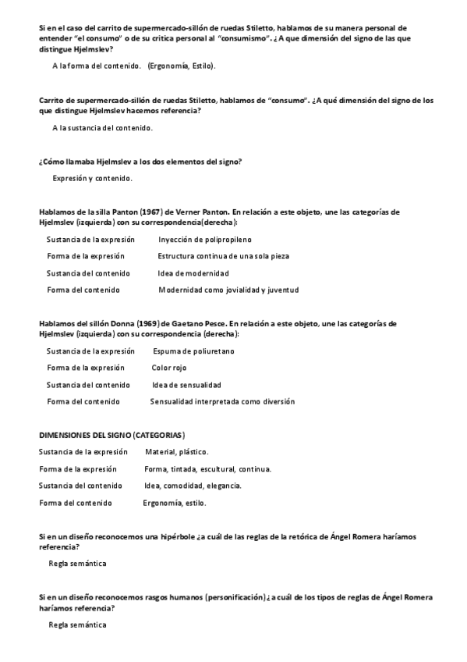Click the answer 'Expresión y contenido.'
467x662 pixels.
click(92, 179)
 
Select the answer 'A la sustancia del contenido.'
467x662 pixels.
click(102, 128)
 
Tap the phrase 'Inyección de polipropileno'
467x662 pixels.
click(204, 240)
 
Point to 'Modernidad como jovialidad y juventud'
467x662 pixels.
click(228, 290)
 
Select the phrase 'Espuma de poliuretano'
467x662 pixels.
click(193, 351)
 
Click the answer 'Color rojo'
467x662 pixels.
click(169, 368)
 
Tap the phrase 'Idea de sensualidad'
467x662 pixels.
click(186, 385)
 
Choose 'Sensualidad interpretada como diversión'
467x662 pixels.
click(222, 402)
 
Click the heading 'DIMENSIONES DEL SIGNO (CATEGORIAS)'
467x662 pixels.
click(111, 434)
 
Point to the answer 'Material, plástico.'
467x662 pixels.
click(176, 452)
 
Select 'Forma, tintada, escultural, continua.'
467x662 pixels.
click(207, 469)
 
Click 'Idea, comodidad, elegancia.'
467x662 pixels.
click(193, 486)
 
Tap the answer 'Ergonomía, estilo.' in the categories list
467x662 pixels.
click(175, 503)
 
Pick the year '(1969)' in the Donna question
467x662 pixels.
click(152, 324)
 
